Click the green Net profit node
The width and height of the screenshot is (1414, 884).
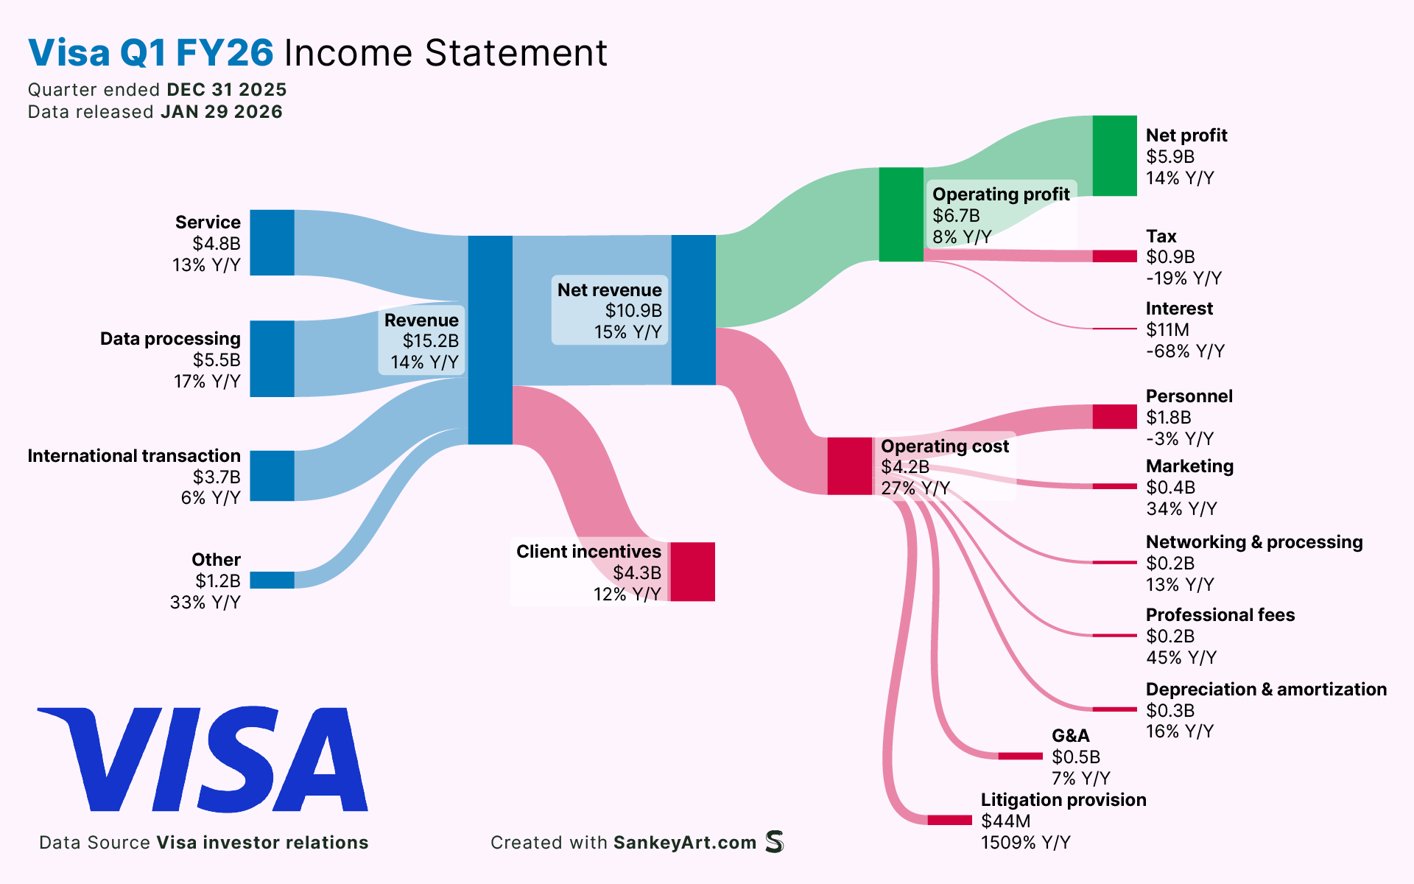[1114, 155]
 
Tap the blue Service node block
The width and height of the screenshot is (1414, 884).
[272, 242]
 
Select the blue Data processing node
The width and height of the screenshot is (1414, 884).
[272, 359]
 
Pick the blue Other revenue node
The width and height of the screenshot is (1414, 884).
[272, 580]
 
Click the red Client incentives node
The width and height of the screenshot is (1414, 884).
[692, 572]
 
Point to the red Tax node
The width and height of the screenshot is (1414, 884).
[1114, 256]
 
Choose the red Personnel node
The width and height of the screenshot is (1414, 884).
[1114, 416]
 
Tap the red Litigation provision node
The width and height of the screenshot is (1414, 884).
[949, 820]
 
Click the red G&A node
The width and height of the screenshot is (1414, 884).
[1020, 756]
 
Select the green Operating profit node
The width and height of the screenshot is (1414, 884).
[901, 214]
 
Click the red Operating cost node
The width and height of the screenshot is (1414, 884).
[849, 466]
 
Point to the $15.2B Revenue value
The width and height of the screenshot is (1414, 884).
[430, 341]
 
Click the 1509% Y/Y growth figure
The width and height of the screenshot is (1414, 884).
[1025, 842]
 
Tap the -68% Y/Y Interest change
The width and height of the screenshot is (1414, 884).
[1185, 351]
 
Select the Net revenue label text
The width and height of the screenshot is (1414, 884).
[609, 290]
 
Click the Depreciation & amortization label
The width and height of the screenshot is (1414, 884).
[1266, 690]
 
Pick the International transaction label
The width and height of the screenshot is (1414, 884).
[134, 456]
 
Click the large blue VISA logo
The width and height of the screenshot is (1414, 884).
[203, 760]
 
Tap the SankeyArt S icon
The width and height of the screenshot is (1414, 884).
[774, 841]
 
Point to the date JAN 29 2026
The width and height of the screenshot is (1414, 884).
[222, 112]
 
